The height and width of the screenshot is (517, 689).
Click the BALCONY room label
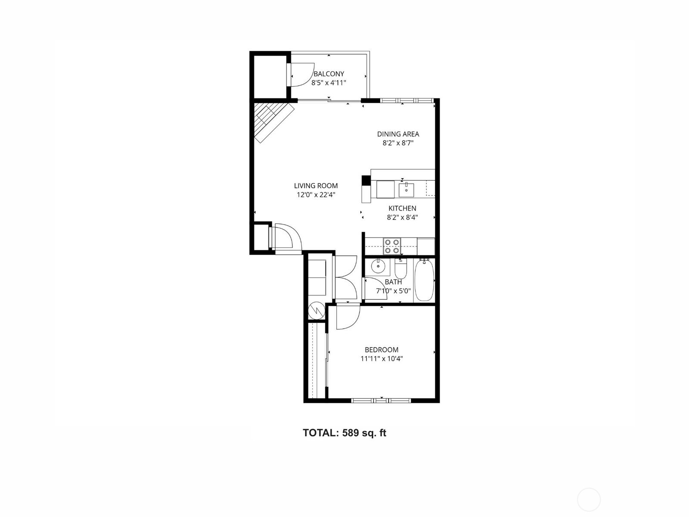[x=329, y=74]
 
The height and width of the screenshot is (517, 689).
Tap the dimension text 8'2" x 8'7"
[x=398, y=143]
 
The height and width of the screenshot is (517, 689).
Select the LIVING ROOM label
[x=316, y=186]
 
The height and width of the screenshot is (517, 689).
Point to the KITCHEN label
[x=402, y=209]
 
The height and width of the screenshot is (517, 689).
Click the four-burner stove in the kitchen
[x=392, y=246]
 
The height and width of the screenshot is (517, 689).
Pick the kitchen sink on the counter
[x=406, y=189]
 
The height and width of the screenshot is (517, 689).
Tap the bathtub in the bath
[x=424, y=280]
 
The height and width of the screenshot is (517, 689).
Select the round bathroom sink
[x=378, y=266]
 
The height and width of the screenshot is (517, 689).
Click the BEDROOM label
[x=382, y=350]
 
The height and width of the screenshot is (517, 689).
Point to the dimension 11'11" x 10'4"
[x=382, y=358]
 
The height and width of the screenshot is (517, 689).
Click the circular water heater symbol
[x=317, y=310]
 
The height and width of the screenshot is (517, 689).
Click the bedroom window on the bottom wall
[x=381, y=400]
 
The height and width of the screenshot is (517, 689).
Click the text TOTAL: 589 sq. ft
[x=344, y=433]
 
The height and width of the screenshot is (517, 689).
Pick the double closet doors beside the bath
[x=346, y=278]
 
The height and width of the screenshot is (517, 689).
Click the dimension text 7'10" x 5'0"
[x=393, y=291]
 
